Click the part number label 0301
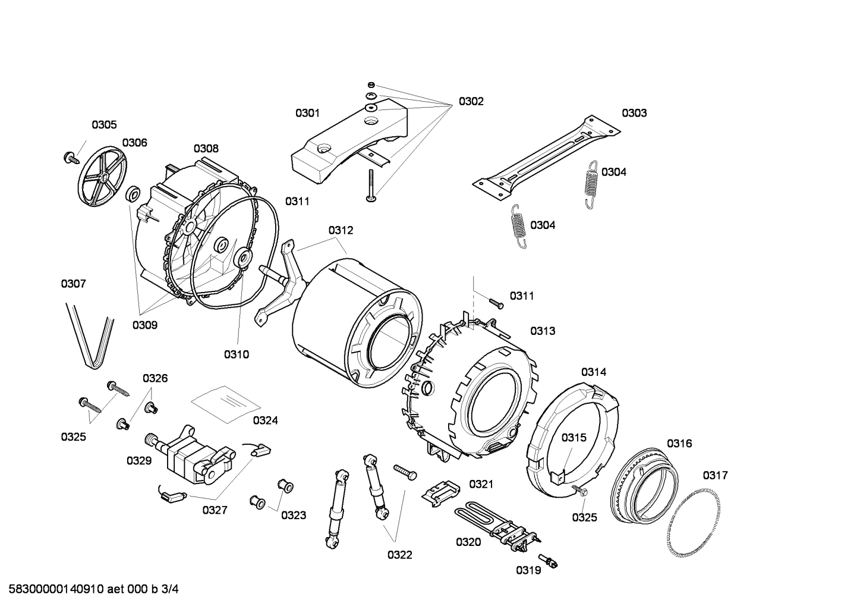pyautogui.click(x=307, y=113)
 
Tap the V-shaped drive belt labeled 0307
pyautogui.click(x=91, y=336)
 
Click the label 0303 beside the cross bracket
pyautogui.click(x=634, y=113)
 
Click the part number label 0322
pyautogui.click(x=399, y=555)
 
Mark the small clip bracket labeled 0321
pyautogui.click(x=442, y=491)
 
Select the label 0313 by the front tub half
pyautogui.click(x=543, y=331)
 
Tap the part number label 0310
pyautogui.click(x=236, y=354)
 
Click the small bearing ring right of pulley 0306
pyautogui.click(x=133, y=193)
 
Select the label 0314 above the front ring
pyautogui.click(x=593, y=372)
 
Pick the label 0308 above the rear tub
pyautogui.click(x=206, y=149)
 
